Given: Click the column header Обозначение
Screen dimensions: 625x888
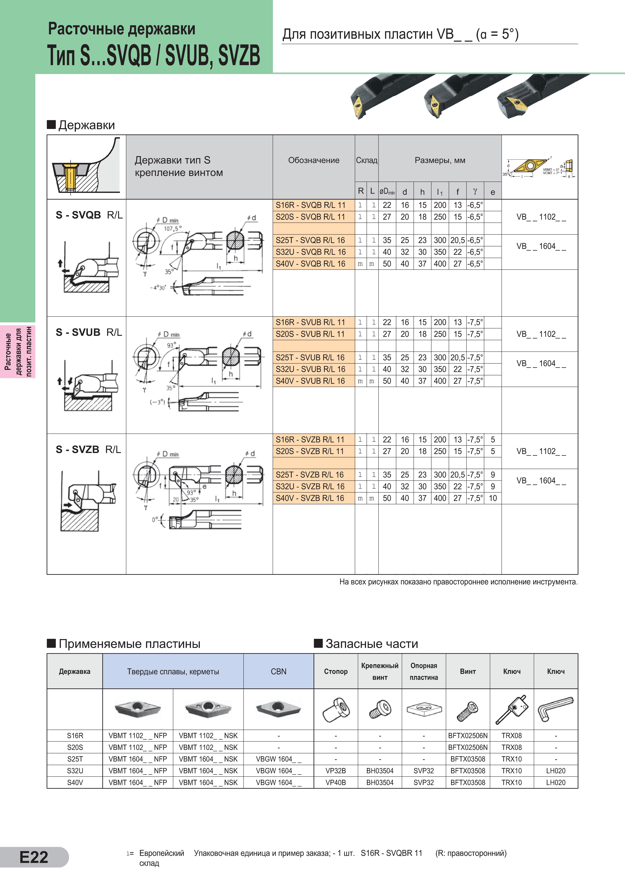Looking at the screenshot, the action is point(314,160).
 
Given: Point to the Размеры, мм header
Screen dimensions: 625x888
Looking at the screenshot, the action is point(440,160).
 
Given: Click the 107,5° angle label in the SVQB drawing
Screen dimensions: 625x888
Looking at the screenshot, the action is point(172,229).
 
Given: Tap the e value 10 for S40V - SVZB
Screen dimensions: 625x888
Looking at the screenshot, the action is point(493,498).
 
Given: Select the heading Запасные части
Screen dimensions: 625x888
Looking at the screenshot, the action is point(372,644).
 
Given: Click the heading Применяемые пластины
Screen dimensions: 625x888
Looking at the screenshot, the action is point(129,644).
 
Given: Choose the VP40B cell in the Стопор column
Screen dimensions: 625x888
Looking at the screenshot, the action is point(336,782).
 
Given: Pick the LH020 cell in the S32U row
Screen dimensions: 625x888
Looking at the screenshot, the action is point(556,771).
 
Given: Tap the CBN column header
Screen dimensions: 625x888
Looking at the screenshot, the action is point(278,671).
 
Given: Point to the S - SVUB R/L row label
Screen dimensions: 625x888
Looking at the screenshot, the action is point(89,332).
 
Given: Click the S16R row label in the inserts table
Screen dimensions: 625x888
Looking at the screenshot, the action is point(75,736).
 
